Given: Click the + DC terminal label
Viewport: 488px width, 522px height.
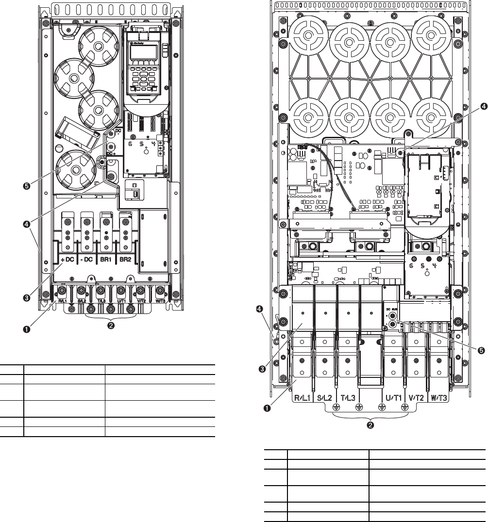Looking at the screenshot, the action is (x=67, y=260).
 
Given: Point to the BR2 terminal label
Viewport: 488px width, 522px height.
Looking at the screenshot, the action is (x=126, y=260).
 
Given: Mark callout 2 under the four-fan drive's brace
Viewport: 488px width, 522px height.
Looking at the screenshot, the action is (x=111, y=325).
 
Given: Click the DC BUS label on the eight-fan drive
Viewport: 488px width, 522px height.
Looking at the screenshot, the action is (x=391, y=308).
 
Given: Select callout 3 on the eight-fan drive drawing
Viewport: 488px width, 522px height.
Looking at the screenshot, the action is (x=262, y=369).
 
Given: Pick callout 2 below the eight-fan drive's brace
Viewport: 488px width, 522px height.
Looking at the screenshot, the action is (x=370, y=425).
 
